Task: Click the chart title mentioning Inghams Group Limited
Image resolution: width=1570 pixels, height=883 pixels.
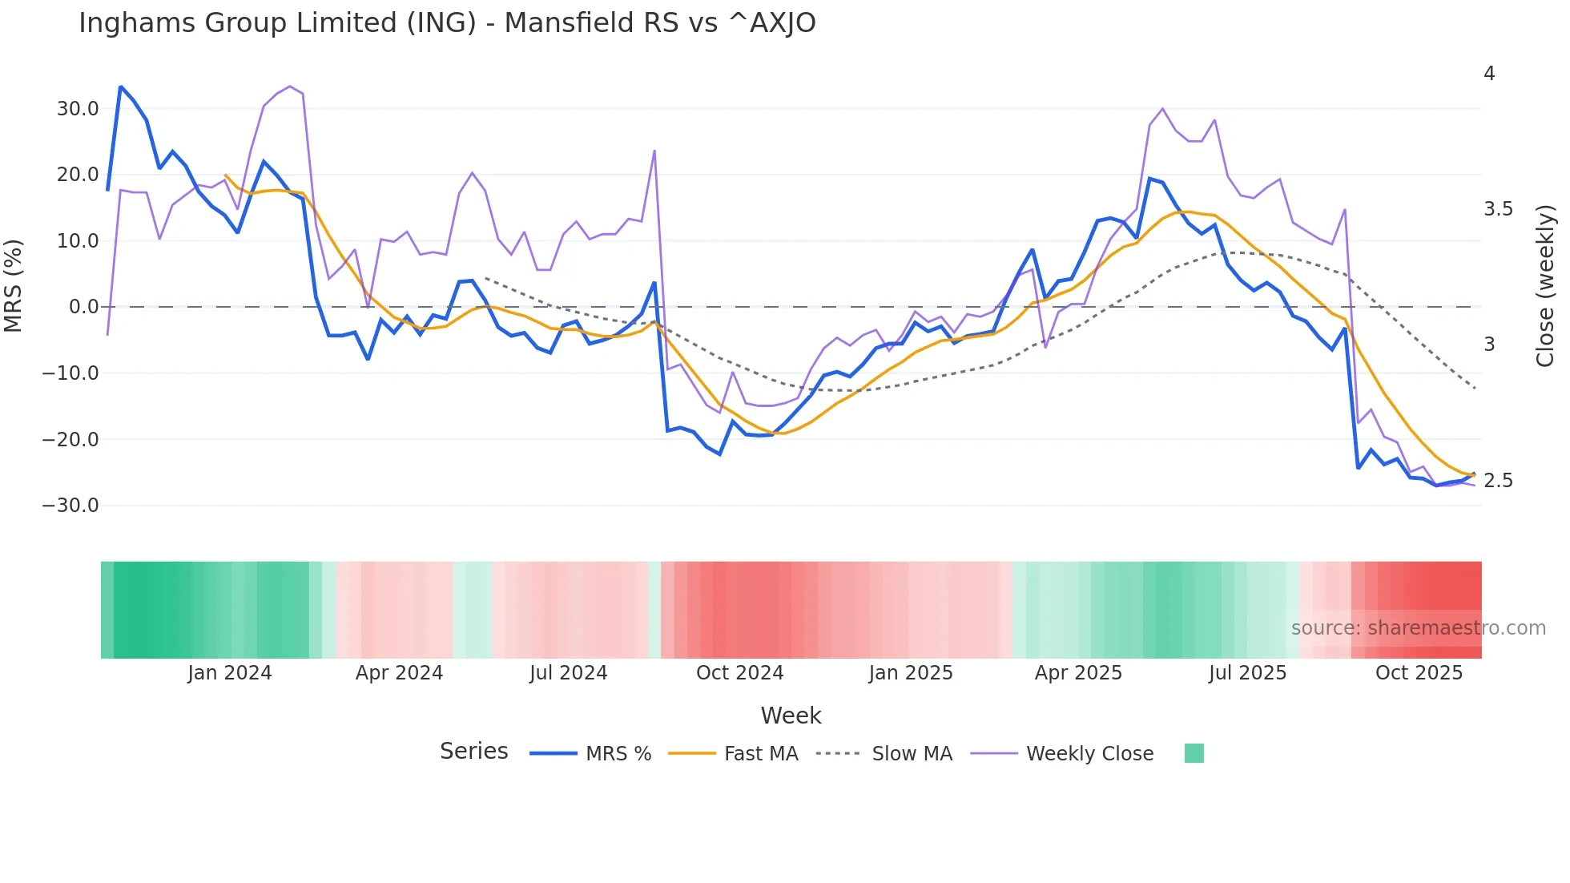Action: [x=447, y=23]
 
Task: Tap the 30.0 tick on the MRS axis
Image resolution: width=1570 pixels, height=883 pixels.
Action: [x=78, y=109]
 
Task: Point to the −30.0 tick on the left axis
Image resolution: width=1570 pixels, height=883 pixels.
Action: [x=70, y=506]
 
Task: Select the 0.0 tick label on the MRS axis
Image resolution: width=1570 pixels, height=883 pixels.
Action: [x=84, y=307]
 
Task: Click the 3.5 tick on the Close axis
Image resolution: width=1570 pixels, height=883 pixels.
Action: [x=1498, y=209]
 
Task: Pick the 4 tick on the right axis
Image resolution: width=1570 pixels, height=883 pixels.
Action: [x=1489, y=74]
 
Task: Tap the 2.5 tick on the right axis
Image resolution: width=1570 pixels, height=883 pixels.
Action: [x=1498, y=481]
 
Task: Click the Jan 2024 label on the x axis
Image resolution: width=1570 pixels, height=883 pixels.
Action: [x=230, y=673]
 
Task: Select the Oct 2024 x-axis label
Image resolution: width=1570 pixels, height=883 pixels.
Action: [x=739, y=673]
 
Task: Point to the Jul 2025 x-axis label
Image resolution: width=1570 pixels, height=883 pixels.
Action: [x=1247, y=673]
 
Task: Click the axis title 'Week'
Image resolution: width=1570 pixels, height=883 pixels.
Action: [x=791, y=716]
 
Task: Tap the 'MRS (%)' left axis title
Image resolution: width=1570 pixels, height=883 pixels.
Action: [x=14, y=285]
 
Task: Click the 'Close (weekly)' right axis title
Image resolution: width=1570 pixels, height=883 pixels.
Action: [x=1545, y=286]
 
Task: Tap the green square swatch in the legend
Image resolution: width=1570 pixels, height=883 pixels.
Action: [x=1194, y=753]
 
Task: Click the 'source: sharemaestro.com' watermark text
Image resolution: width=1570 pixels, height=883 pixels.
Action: [x=1418, y=628]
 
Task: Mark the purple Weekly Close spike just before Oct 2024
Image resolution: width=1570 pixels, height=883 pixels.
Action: [x=654, y=151]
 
